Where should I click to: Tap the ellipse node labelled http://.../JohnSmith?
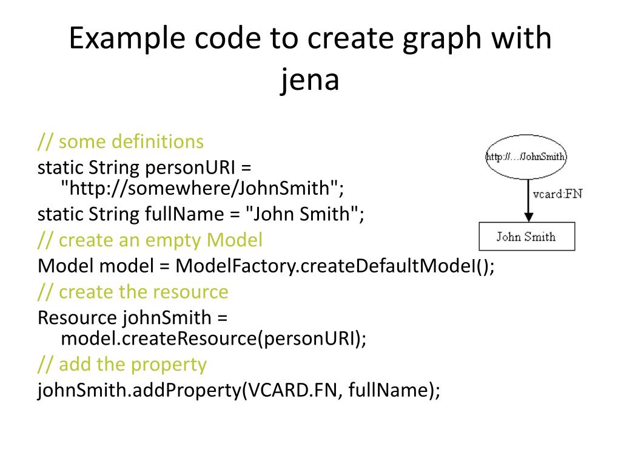(526, 157)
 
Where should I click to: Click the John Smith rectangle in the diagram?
(526, 237)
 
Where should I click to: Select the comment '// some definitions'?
(121, 142)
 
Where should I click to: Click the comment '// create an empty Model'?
(150, 240)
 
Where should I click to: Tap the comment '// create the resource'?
(133, 292)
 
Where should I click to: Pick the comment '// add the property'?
(122, 365)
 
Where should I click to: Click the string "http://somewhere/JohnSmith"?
(202, 189)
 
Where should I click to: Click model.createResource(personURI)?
(213, 339)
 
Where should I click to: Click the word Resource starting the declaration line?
(77, 317)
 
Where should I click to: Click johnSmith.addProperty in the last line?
(139, 390)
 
